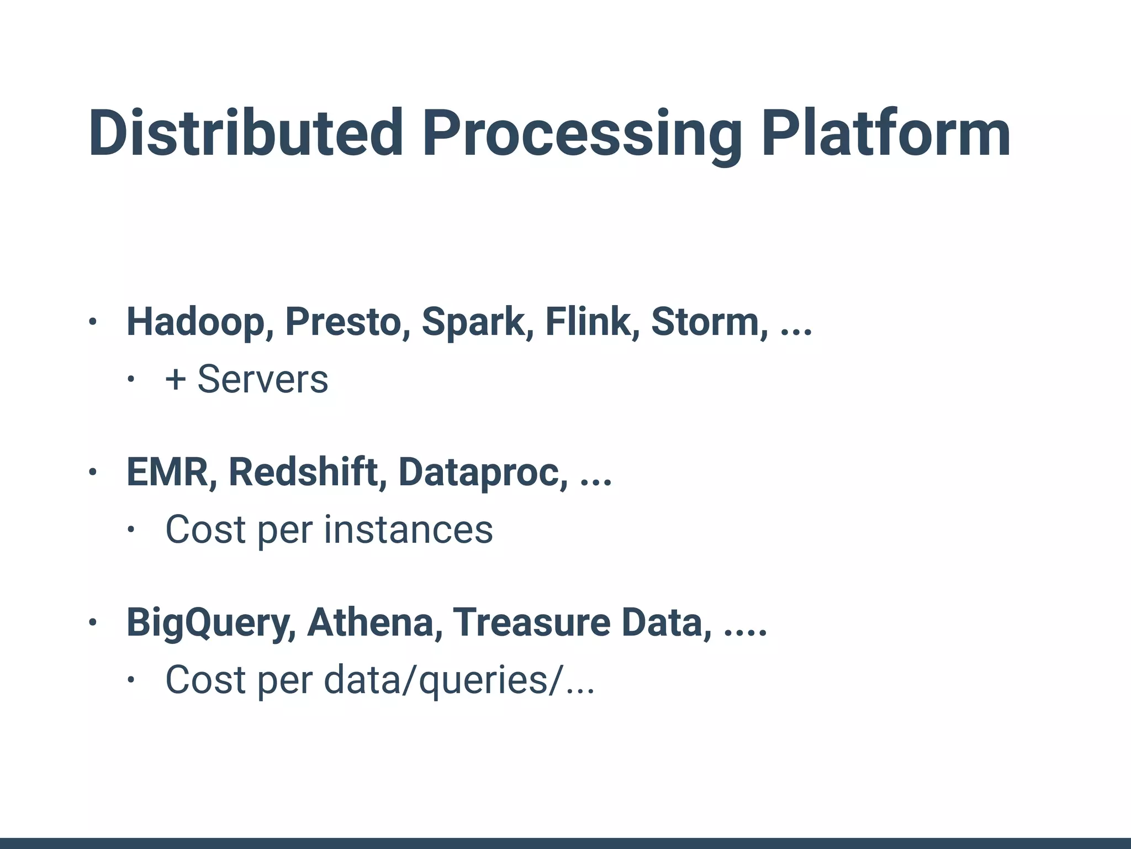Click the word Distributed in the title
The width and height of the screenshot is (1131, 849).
[x=246, y=134]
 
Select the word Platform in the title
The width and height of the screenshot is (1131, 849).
[x=886, y=134]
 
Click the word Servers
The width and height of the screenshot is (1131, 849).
[x=263, y=380]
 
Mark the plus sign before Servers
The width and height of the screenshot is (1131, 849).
[x=176, y=380]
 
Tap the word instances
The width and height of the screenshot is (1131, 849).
[x=408, y=530]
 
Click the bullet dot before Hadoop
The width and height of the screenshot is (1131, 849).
[x=93, y=322]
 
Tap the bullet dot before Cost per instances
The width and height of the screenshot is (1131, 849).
[x=131, y=530]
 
